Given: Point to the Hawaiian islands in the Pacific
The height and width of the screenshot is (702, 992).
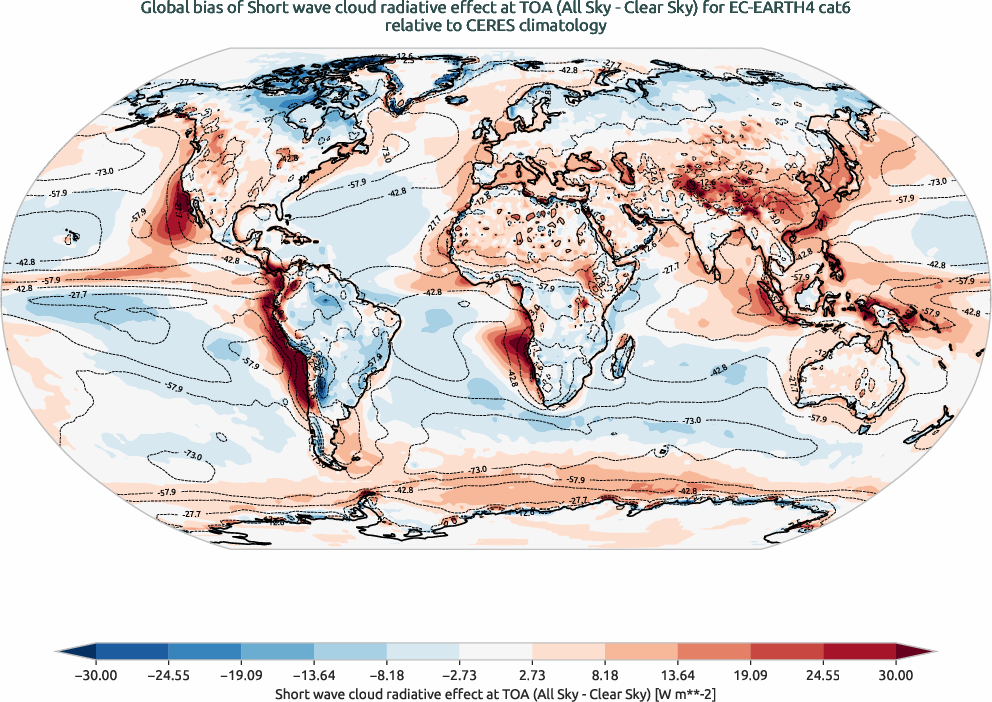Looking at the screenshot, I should (70, 237).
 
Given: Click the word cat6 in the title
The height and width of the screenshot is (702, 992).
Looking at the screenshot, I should (820, 11).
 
